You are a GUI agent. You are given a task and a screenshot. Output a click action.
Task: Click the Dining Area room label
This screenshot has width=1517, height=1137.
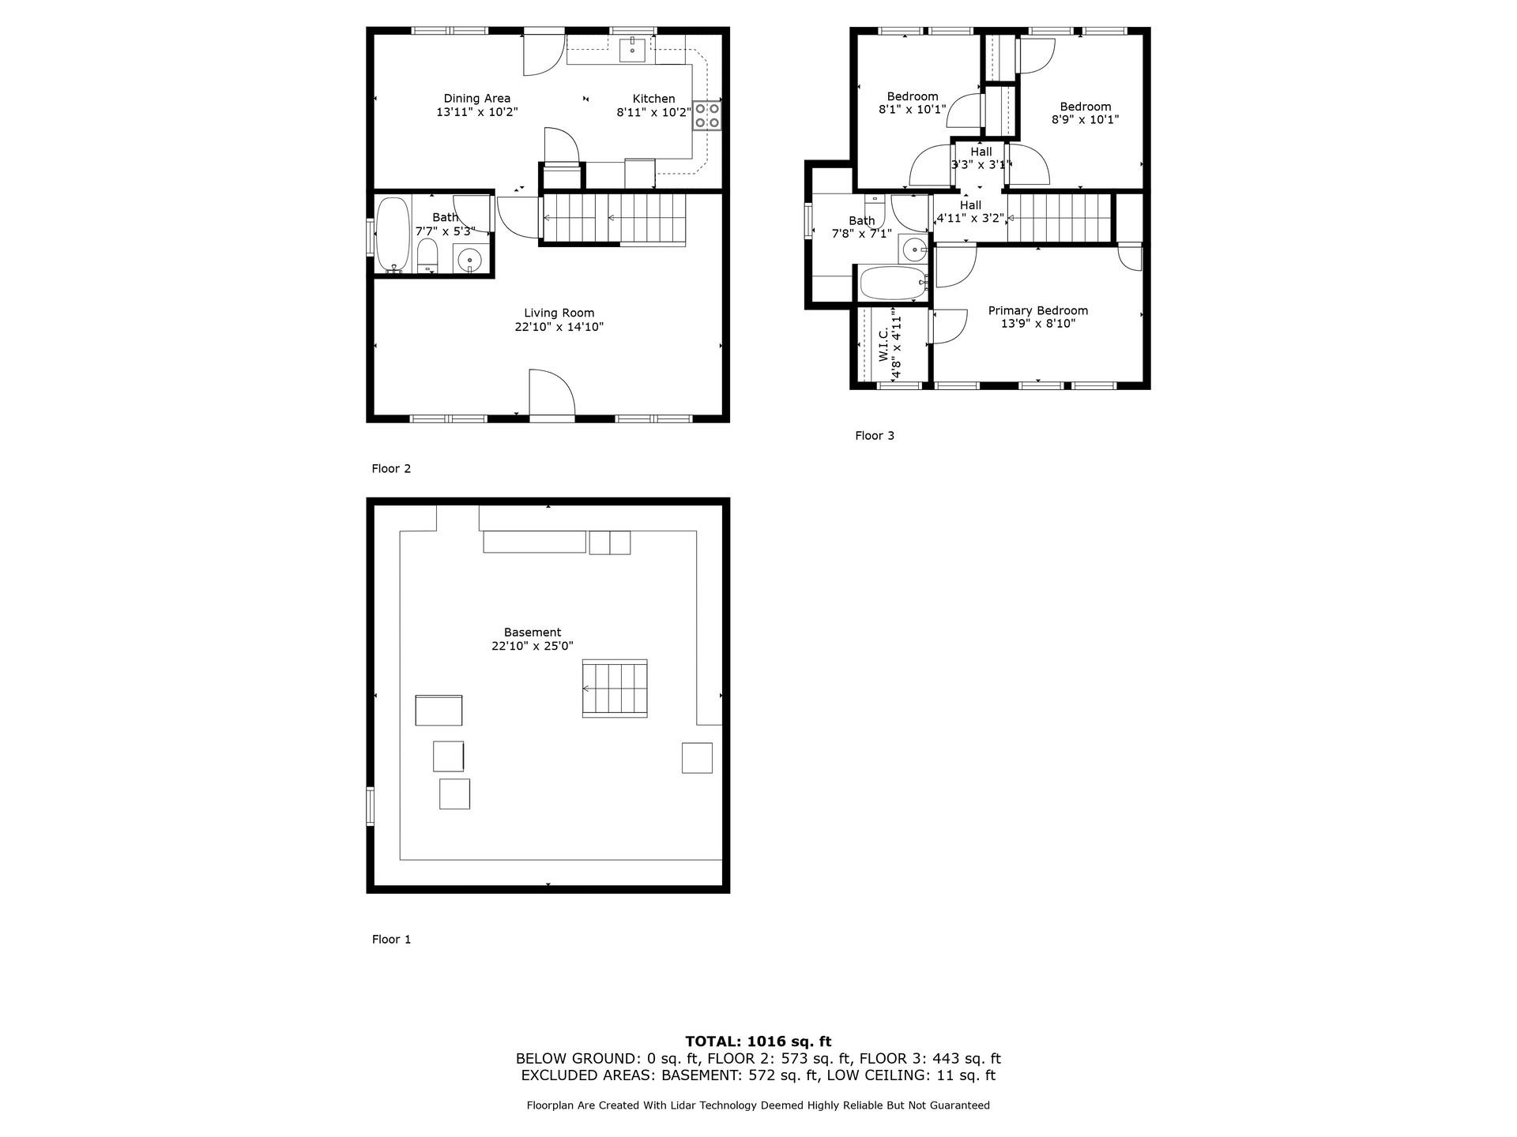point(476,99)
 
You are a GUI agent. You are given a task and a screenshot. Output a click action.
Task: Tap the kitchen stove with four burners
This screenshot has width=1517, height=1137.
point(706,115)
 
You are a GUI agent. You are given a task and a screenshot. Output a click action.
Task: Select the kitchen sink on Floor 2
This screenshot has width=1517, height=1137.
point(633,50)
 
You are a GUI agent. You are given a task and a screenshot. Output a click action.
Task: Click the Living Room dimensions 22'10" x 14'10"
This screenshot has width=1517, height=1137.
point(559,327)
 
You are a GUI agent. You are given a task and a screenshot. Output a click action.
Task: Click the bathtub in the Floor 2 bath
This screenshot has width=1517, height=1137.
point(393,235)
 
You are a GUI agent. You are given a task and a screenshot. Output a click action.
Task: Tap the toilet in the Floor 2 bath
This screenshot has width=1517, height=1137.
point(427,256)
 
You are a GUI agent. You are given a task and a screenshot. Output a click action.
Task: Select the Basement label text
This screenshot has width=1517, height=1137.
point(532,632)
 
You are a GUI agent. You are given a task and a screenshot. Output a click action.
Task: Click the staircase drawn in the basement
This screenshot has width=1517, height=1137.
point(615,689)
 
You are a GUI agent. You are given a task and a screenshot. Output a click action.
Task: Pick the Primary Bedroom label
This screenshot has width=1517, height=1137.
point(1037,311)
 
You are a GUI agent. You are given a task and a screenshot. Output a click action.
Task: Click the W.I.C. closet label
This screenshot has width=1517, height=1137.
point(883,346)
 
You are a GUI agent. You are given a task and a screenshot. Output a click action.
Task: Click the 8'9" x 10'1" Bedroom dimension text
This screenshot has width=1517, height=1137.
point(1085,120)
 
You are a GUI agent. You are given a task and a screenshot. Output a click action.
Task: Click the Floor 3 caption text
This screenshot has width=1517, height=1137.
point(875,436)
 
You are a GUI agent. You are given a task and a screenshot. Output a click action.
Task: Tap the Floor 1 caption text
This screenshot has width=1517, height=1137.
point(391,940)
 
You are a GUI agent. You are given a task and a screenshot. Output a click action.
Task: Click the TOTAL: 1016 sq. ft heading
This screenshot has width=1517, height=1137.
point(758,1041)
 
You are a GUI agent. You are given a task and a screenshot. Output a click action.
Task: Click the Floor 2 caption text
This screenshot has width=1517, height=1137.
point(391,469)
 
